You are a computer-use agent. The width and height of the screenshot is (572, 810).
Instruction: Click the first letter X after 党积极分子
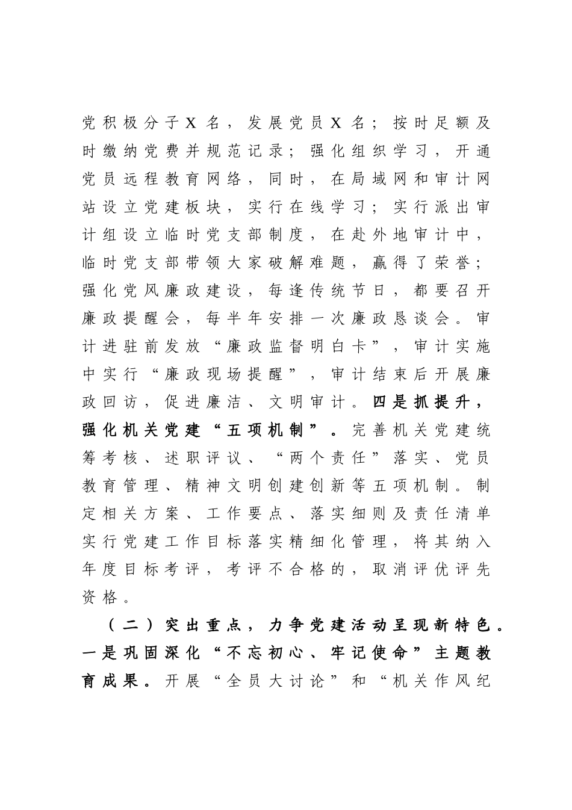pyautogui.click(x=191, y=123)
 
